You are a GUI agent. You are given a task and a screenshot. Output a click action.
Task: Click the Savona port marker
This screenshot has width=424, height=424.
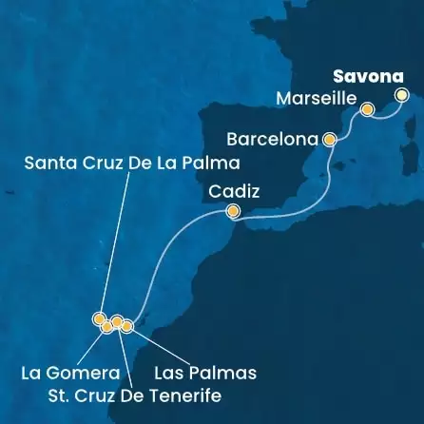402,94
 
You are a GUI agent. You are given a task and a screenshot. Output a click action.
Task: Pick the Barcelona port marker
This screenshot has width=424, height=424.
330,139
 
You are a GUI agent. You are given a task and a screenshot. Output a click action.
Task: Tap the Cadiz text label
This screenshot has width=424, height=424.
234,191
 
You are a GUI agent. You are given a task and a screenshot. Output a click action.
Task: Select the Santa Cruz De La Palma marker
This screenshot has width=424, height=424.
98,318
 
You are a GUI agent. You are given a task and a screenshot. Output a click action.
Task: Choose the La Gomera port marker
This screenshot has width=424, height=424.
106,326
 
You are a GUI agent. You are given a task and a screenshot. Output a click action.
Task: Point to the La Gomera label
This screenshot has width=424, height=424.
63,373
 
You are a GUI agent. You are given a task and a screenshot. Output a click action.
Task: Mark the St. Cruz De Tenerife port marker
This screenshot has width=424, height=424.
117,321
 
